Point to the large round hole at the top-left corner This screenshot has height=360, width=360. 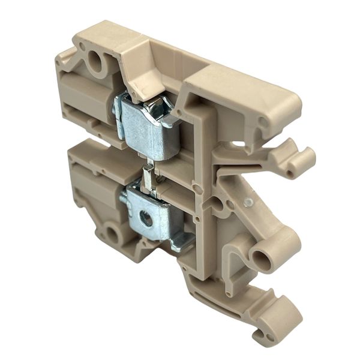pos(94,61)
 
